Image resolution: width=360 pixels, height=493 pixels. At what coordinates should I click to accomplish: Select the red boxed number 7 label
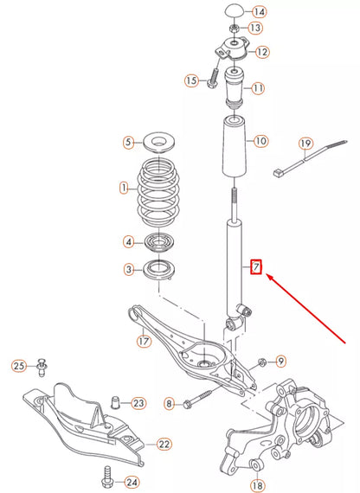pyautogui.click(x=255, y=267)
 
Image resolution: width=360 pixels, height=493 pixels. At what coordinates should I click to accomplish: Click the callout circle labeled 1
pyautogui.click(x=124, y=187)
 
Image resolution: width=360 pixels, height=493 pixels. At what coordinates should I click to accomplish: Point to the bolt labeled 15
pyautogui.click(x=213, y=80)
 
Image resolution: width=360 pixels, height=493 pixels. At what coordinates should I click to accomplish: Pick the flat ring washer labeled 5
pyautogui.click(x=157, y=141)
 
